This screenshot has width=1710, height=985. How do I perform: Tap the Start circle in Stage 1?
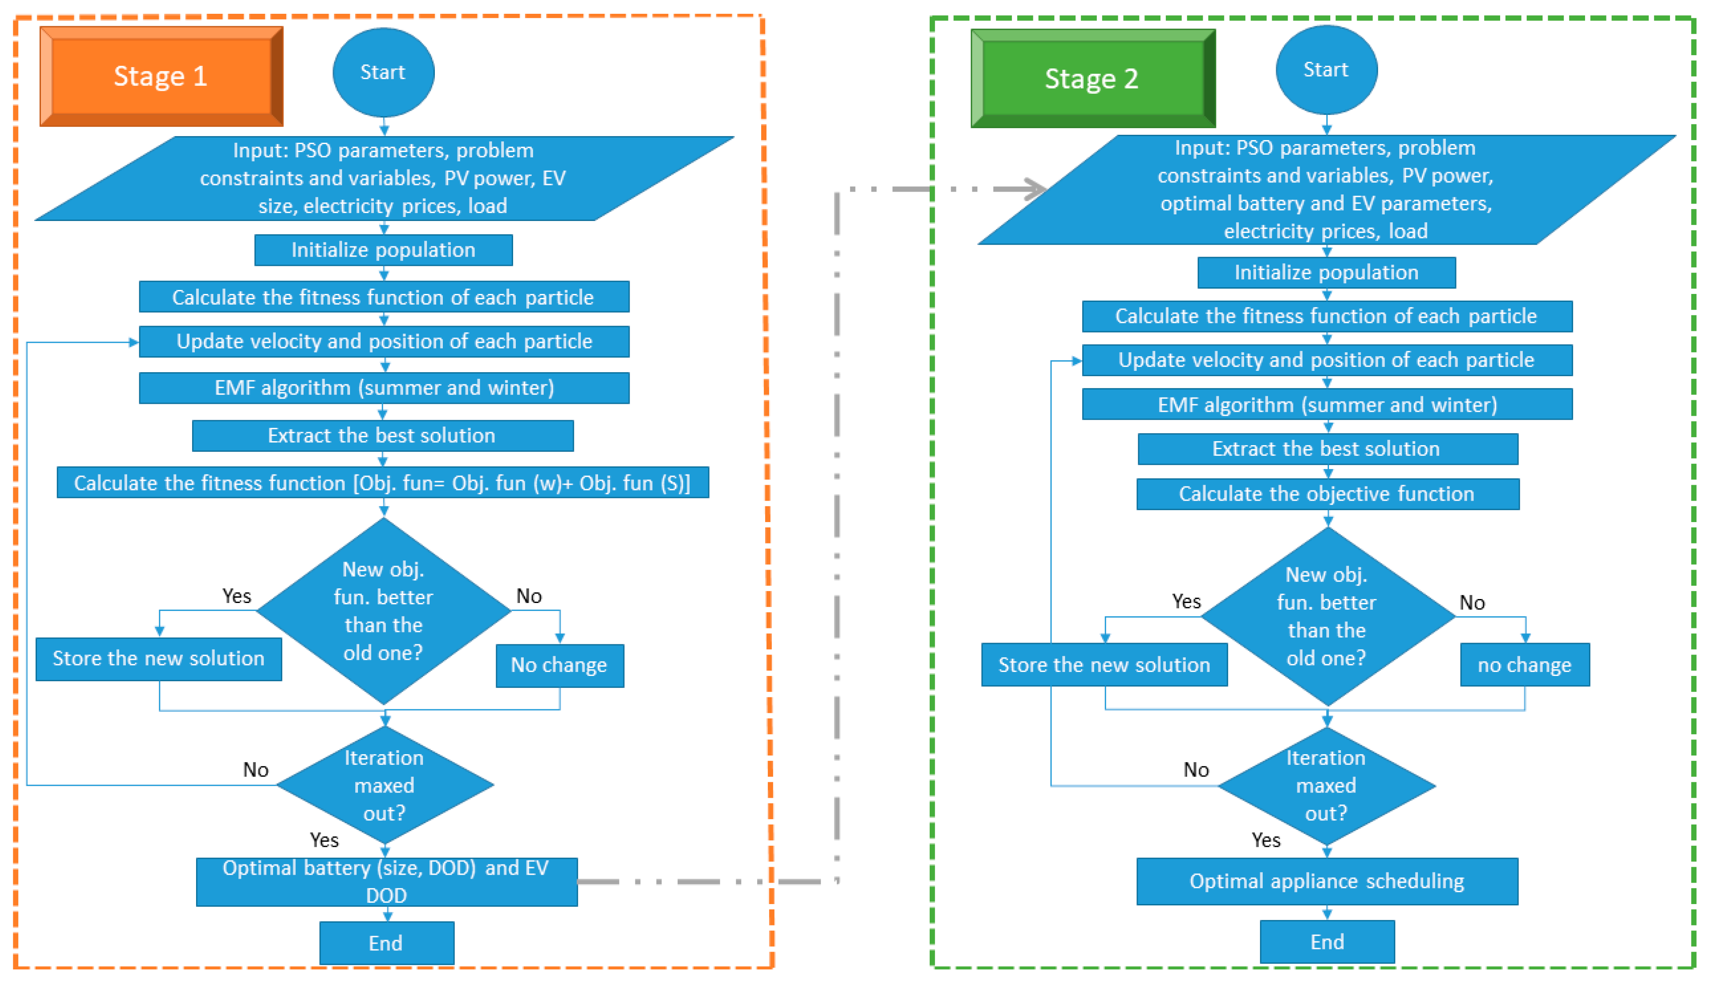pyautogui.click(x=383, y=72)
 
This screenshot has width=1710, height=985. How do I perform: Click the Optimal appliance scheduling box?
pyautogui.click(x=1326, y=881)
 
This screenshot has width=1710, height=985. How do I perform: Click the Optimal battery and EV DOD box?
pyautogui.click(x=386, y=881)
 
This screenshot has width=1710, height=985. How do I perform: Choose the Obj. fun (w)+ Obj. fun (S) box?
pyautogui.click(x=383, y=482)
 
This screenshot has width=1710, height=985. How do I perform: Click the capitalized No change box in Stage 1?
pyautogui.click(x=559, y=665)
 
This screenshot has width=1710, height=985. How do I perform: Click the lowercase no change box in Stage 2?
pyautogui.click(x=1524, y=664)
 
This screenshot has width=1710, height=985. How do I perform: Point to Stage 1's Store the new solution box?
pyautogui.click(x=158, y=658)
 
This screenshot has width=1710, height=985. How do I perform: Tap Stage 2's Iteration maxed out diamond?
pyautogui.click(x=1326, y=785)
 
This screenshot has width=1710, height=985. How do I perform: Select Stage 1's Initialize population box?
pyautogui.click(x=383, y=249)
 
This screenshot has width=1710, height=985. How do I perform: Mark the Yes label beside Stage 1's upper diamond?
pyautogui.click(x=237, y=595)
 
